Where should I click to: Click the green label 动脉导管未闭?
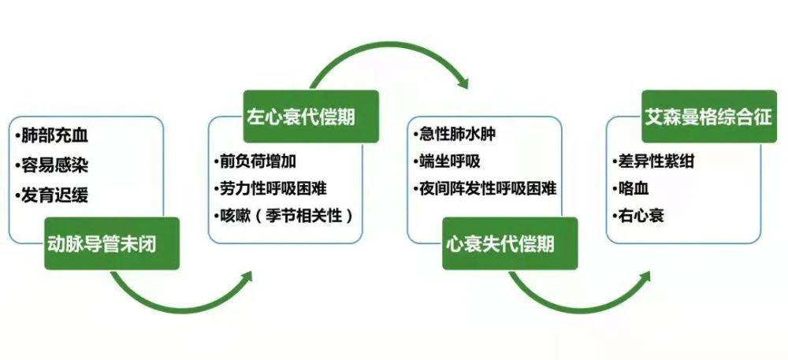coord(112,243)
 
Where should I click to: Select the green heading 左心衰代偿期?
coord(311,117)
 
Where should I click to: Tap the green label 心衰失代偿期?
coord(510,243)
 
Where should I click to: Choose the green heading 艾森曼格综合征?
coord(709,117)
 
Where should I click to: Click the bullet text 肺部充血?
coord(52,135)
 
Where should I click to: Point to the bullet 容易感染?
coord(52,165)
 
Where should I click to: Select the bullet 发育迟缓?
coord(52,195)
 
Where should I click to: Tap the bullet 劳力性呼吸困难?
coord(270,188)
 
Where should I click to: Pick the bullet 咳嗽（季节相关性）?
coord(284,216)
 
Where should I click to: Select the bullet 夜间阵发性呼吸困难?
coord(485,188)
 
